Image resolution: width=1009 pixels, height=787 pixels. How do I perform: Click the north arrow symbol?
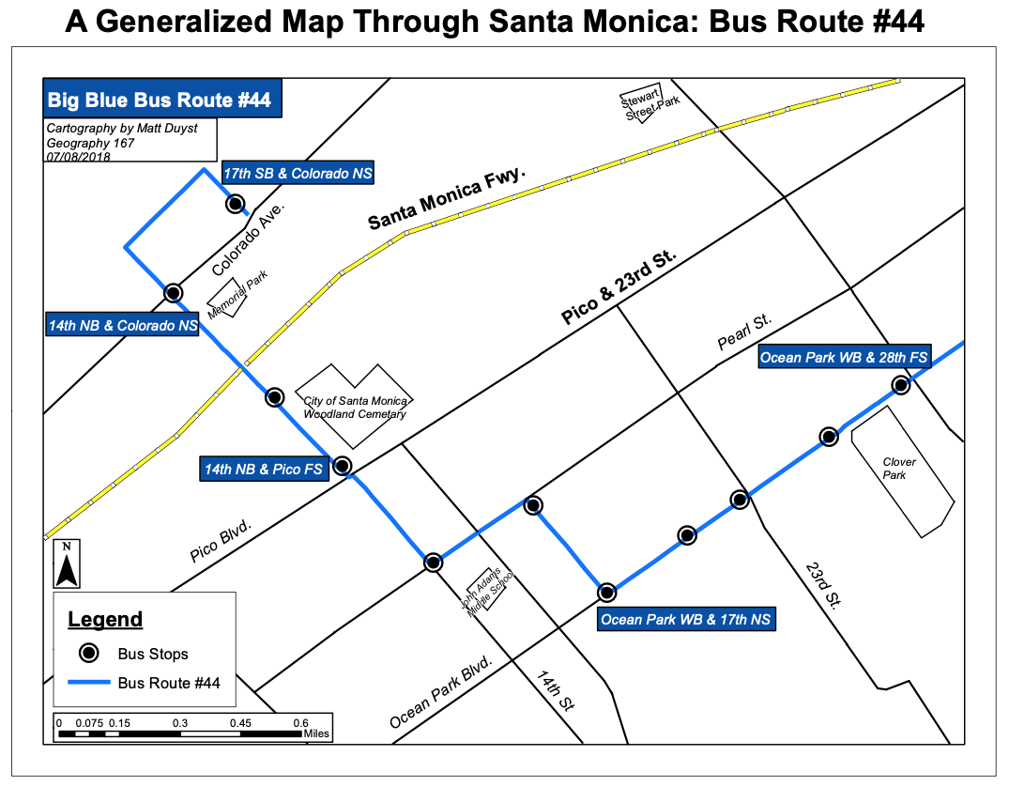click(x=67, y=564)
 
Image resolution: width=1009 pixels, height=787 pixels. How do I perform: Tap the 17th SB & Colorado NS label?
click(x=297, y=174)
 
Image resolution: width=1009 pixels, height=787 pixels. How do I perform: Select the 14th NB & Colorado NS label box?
click(x=122, y=326)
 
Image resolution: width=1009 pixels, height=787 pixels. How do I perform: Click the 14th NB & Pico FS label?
click(x=264, y=469)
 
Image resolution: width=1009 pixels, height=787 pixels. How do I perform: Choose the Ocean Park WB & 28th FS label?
click(x=844, y=357)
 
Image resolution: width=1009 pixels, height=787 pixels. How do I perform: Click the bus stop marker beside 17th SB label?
click(x=235, y=204)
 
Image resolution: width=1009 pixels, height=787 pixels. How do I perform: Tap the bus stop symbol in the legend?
click(x=87, y=653)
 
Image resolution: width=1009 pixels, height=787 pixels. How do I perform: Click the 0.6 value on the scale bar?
click(x=300, y=723)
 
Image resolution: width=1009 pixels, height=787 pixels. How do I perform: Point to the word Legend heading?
click(x=105, y=619)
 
